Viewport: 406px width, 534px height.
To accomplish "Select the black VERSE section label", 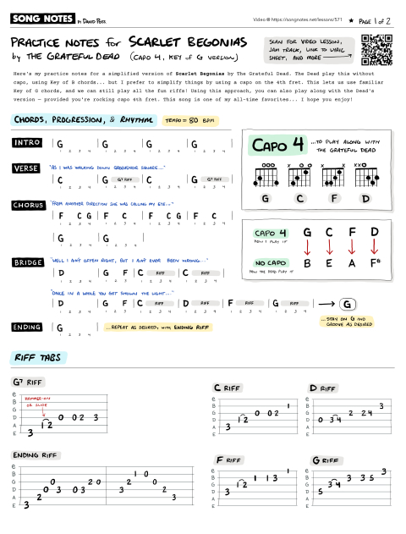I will coord(29,168).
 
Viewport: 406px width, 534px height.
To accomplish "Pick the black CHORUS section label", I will coord(30,205).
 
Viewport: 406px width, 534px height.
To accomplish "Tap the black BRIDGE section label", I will coord(30,263).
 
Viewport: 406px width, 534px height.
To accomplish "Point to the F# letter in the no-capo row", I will coord(376,263).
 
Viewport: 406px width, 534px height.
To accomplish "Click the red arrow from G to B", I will coord(306,246).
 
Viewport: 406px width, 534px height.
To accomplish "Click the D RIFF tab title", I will coord(324,388).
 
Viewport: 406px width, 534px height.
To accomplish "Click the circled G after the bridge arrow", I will coord(346,304).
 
